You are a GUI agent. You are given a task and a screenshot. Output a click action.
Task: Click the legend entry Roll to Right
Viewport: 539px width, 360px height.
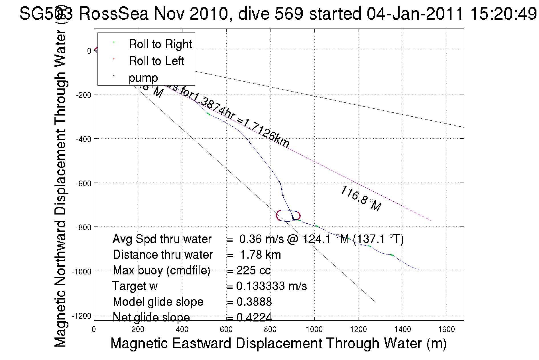coord(160,44)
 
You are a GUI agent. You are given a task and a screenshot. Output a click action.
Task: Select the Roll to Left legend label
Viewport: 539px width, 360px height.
coord(156,61)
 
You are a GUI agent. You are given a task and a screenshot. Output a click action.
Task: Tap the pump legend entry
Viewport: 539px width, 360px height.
coord(143,78)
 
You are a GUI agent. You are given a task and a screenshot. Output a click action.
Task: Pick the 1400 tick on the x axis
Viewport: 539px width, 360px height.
coord(402,330)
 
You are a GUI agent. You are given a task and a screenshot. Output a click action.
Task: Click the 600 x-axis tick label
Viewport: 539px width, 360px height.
coord(226,330)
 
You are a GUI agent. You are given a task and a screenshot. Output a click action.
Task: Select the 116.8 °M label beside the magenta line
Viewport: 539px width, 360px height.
coord(361,199)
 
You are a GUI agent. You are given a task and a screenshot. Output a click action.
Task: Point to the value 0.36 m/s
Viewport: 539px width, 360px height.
coord(261,239)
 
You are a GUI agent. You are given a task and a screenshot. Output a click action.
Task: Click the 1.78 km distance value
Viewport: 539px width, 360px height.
coord(260,255)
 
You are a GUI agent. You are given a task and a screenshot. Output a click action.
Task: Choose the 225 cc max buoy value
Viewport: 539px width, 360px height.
coord(253,270)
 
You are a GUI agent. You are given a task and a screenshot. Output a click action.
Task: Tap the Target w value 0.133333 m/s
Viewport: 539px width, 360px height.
coord(271,286)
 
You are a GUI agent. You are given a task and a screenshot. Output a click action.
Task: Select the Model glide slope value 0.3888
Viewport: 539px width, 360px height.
coord(254,302)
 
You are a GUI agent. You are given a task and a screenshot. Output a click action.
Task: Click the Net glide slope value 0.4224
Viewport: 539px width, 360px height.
coord(254,317)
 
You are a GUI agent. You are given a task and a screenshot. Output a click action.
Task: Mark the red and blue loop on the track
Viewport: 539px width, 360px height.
coord(288,216)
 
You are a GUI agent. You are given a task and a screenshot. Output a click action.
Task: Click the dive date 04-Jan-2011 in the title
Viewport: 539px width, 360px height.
coord(415,13)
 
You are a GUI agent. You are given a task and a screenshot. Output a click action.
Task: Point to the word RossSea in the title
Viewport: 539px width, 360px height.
coord(113,13)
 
